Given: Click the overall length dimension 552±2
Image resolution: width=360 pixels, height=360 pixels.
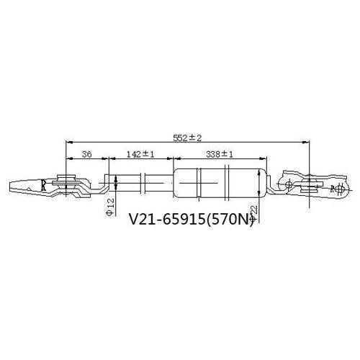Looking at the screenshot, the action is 187,138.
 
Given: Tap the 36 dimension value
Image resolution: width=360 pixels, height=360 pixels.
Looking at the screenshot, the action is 86,154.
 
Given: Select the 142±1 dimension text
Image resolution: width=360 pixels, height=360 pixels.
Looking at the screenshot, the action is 140,154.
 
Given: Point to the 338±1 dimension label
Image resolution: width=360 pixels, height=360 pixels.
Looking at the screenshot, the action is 220,154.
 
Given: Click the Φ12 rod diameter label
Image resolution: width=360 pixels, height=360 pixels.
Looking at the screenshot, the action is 110,207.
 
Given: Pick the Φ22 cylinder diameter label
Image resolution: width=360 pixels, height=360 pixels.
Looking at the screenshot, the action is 253,213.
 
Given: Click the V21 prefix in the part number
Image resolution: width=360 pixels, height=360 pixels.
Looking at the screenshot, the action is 143,219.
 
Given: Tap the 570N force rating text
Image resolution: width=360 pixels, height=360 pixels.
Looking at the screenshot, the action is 233,219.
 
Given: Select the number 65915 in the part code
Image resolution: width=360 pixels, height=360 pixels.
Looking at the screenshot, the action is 184,219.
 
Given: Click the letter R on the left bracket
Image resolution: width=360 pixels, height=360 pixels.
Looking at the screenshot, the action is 43,185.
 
